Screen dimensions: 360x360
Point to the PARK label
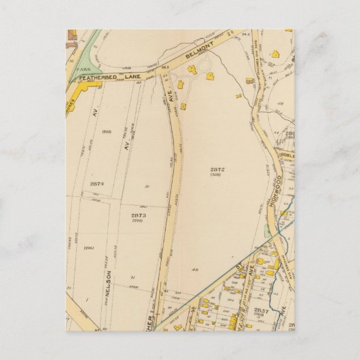coord(82,69)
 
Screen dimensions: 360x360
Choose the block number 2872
coord(217,168)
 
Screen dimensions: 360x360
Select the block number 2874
coord(96,183)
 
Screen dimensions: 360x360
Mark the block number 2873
coord(138,215)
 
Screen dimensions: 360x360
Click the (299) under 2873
coord(138,221)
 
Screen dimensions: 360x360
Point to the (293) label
coord(107,131)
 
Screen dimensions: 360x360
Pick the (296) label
coord(88,248)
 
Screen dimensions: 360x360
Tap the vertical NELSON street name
coord(108,289)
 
